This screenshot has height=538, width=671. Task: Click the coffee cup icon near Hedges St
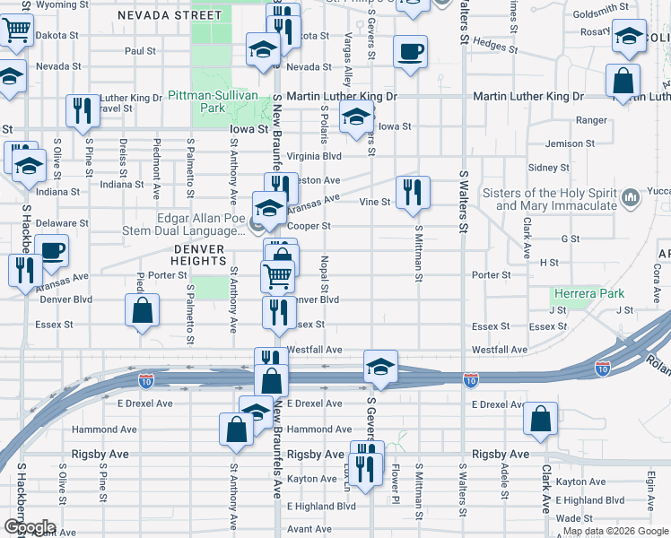(x=411, y=51)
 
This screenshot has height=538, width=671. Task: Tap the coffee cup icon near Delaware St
(x=52, y=250)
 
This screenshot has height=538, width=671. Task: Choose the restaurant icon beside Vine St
(x=413, y=193)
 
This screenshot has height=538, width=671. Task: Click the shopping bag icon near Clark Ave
(x=540, y=420)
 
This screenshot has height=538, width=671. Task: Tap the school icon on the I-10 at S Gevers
(x=380, y=367)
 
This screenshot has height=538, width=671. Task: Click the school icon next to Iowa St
(x=356, y=117)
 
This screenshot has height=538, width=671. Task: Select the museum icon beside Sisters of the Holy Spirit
(x=631, y=196)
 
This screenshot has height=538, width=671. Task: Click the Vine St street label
(x=374, y=203)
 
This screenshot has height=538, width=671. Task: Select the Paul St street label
(x=141, y=52)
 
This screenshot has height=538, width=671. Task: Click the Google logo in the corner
(x=30, y=526)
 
